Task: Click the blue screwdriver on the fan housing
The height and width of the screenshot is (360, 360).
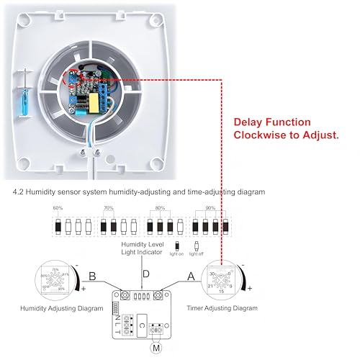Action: pos(26,94)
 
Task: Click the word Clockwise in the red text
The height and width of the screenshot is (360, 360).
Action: pos(260,135)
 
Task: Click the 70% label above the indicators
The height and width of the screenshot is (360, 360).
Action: pos(109,209)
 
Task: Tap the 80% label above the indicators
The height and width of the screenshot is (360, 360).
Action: pos(161,209)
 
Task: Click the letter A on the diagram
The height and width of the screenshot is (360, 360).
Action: pos(190,276)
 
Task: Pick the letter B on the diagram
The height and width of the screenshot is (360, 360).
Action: pos(91,276)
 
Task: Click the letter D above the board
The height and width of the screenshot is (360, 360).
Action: pos(147,274)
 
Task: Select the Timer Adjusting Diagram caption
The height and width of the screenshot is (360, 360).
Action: pos(222,307)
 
